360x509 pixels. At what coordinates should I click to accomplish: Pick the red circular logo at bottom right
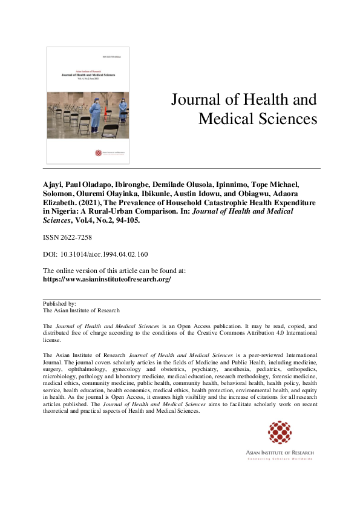(280, 432)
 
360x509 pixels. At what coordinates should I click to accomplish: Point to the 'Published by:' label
(59, 303)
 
